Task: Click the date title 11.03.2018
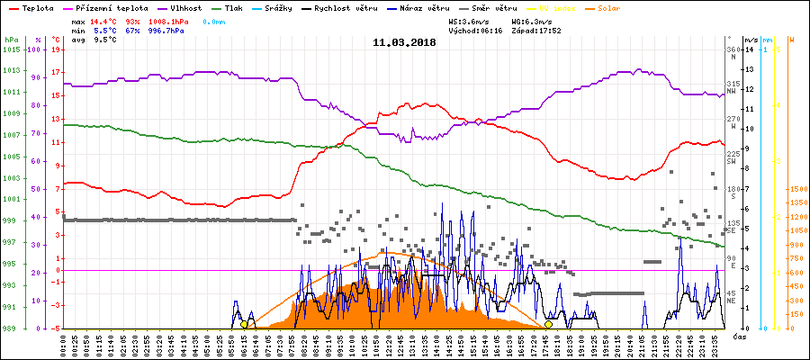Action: pos(404,41)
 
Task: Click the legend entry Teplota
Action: pos(36,7)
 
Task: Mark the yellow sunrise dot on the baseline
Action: pos(244,324)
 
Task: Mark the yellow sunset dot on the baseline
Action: pos(549,324)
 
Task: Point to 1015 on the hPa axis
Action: pos(12,49)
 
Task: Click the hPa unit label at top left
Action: pos(11,40)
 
